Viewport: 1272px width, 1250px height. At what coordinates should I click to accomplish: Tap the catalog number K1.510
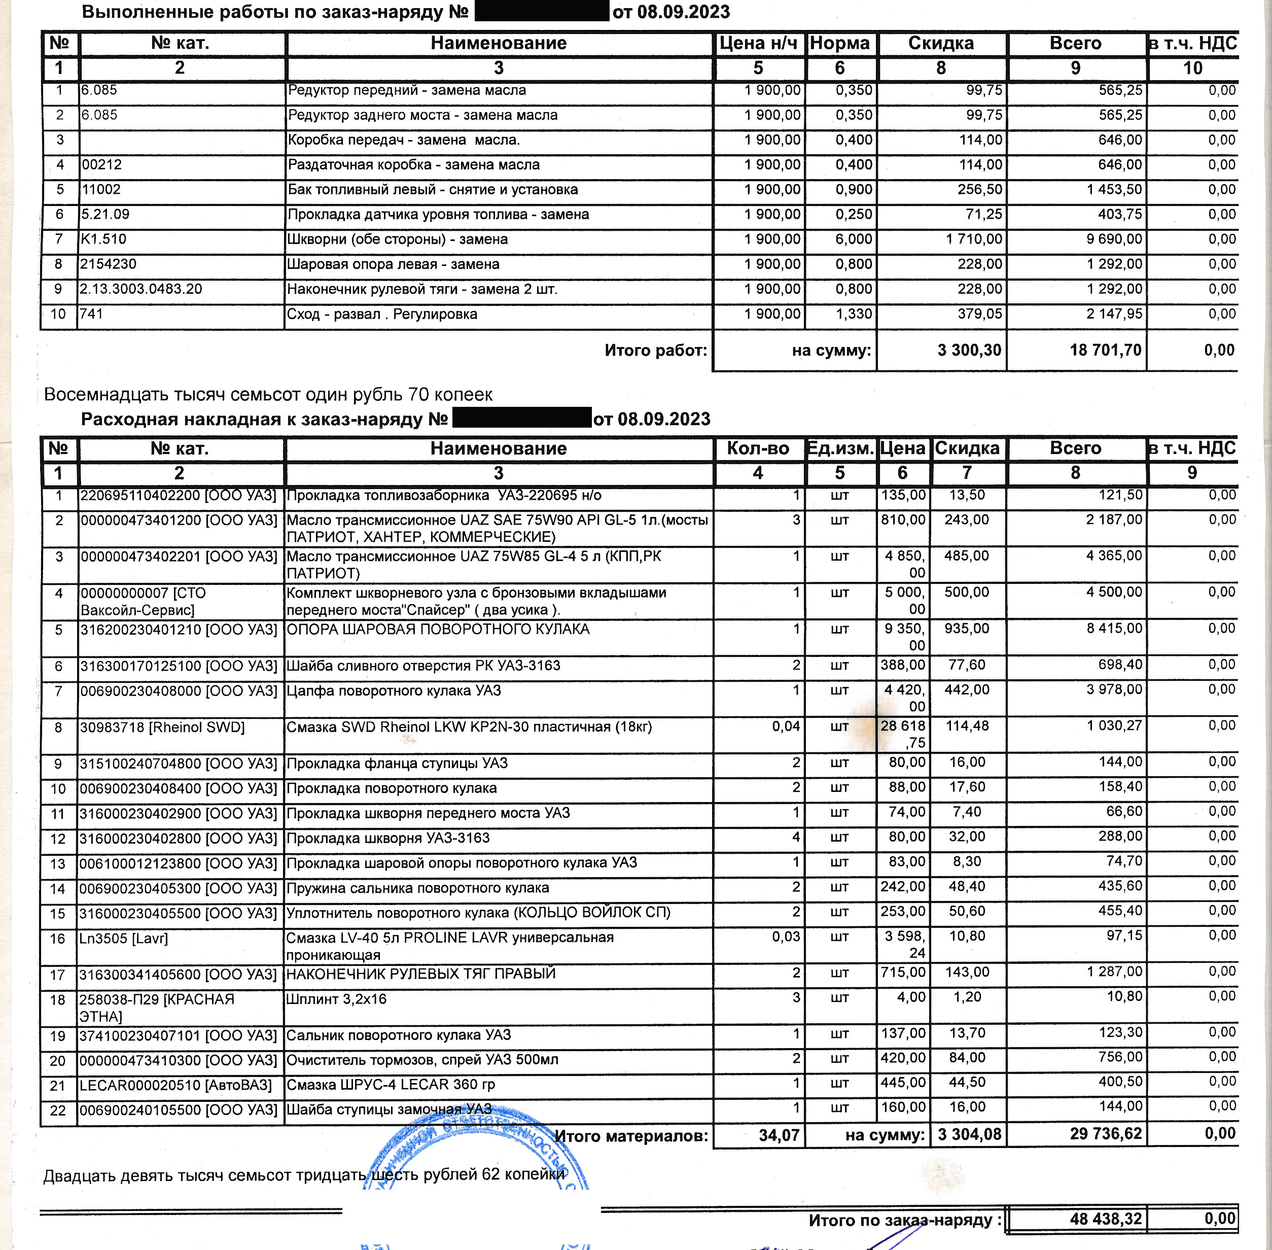[x=103, y=239]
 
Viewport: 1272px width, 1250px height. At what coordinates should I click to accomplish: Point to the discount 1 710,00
[x=974, y=239]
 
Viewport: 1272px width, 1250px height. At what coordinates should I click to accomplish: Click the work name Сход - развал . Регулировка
[x=382, y=315]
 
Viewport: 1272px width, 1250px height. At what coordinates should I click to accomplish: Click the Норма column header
[x=839, y=43]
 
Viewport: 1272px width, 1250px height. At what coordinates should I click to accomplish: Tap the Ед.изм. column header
[x=839, y=448]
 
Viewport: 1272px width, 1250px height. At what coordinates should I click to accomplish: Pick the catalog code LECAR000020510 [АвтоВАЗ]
[x=175, y=1085]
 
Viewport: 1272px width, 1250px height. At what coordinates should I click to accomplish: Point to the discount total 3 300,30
[x=969, y=350]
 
